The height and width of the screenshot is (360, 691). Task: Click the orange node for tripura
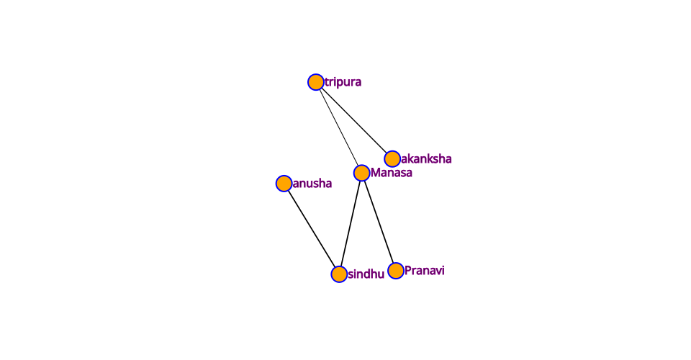(x=315, y=82)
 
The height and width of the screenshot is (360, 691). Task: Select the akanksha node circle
(x=392, y=158)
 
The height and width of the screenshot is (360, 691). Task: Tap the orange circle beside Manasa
(x=362, y=173)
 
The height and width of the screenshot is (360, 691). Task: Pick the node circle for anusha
(x=284, y=184)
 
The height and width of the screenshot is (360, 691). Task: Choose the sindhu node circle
(x=339, y=274)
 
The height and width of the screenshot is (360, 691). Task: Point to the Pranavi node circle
(x=396, y=271)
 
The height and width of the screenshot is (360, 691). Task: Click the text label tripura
(x=343, y=82)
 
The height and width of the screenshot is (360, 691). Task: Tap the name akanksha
(x=426, y=158)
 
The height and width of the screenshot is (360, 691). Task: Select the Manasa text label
(x=392, y=173)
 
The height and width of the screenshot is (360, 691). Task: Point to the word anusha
(x=312, y=184)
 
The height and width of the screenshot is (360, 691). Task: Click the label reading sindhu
(x=366, y=274)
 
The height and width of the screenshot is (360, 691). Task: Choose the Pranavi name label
(x=425, y=271)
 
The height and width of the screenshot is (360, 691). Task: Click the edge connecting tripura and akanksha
(x=354, y=120)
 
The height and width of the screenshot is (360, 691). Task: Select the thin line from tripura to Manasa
(x=339, y=127)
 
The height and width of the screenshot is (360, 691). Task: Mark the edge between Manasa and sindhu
(x=351, y=223)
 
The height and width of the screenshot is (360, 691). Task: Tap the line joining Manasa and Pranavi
(x=379, y=222)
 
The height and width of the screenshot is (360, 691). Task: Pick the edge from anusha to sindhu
(x=312, y=229)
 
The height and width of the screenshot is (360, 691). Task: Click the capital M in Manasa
(x=375, y=173)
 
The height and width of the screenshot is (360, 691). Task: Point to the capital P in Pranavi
(x=408, y=271)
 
